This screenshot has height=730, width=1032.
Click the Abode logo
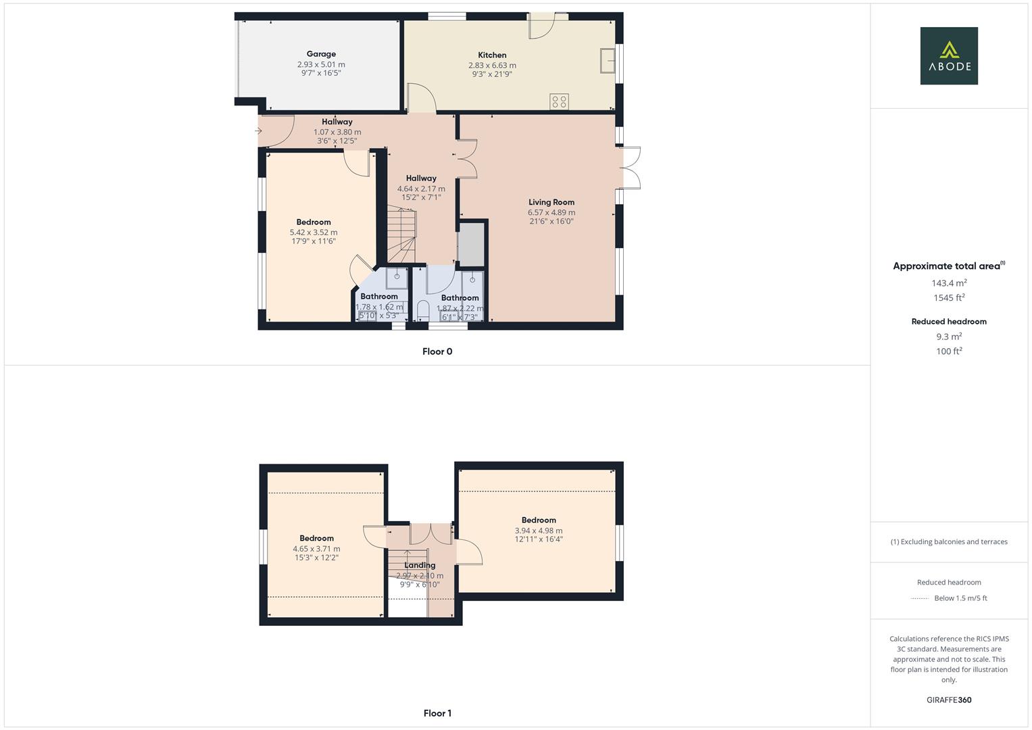[948, 56]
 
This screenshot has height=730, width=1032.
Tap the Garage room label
[321, 54]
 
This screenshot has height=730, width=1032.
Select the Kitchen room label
[492, 55]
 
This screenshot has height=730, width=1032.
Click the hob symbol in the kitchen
[559, 101]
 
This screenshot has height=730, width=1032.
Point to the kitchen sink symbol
[606, 60]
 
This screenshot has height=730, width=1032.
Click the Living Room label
[551, 202]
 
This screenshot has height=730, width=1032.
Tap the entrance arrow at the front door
[258, 131]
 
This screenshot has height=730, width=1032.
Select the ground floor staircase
[401, 237]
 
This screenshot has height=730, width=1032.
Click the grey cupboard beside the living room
[471, 243]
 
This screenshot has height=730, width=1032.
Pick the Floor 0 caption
[437, 351]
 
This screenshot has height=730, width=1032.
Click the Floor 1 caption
[437, 713]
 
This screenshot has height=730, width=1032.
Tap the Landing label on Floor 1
[420, 566]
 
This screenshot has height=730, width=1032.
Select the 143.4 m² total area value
[949, 283]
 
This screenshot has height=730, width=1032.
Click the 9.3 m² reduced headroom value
[949, 337]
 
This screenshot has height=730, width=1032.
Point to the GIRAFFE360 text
[949, 700]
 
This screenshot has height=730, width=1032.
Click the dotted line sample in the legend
[920, 598]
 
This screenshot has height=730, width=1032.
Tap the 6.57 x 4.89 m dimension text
[551, 212]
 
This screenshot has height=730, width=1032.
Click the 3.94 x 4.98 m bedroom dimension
[539, 531]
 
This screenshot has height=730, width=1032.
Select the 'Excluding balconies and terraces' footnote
[949, 541]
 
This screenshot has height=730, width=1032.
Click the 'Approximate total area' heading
[946, 266]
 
